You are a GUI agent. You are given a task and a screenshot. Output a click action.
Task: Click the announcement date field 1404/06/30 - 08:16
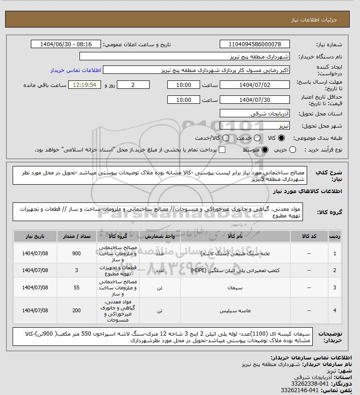point(66,44)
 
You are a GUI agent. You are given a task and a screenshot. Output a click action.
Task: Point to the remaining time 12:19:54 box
point(85,85)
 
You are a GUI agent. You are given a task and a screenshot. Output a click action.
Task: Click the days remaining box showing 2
point(133,85)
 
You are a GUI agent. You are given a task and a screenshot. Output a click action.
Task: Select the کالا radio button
point(281,138)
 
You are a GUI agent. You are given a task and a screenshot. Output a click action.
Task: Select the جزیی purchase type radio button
point(293,150)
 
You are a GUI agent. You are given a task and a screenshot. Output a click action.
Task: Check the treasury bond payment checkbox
point(222,150)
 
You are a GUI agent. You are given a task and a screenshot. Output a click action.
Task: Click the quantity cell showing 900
point(76,253)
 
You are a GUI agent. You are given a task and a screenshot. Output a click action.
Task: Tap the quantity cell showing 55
point(76,289)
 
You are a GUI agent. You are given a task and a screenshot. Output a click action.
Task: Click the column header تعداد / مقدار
point(76,237)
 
